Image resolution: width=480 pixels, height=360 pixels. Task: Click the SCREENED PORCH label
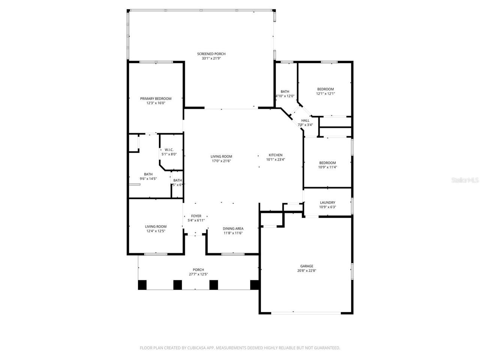click(x=211, y=54)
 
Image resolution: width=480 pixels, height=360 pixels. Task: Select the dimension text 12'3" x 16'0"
click(x=156, y=103)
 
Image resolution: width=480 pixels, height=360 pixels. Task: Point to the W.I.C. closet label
click(x=169, y=150)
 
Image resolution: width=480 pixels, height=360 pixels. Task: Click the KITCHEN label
click(x=275, y=155)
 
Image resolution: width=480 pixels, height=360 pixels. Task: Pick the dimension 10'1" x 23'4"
click(x=275, y=159)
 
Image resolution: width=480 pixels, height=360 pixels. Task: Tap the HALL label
click(x=305, y=120)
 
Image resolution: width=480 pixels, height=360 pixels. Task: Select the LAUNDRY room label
click(x=327, y=202)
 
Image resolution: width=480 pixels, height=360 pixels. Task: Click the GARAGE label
click(x=306, y=266)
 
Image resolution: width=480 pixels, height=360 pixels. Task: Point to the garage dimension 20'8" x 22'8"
click(x=306, y=270)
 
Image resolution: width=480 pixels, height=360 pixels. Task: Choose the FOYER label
click(x=196, y=216)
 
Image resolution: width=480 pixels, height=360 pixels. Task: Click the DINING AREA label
click(x=233, y=228)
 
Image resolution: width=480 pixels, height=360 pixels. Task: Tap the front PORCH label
click(x=198, y=270)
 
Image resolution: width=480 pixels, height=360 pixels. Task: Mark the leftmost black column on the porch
click(x=142, y=285)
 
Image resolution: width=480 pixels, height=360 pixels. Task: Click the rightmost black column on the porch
click(x=255, y=285)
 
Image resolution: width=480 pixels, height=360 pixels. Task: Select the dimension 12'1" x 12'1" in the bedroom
click(x=325, y=94)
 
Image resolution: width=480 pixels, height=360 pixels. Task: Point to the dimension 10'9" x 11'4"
click(x=327, y=167)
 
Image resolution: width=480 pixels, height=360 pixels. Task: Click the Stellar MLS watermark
click(x=465, y=180)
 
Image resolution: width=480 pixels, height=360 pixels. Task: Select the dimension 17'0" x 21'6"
click(x=221, y=161)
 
